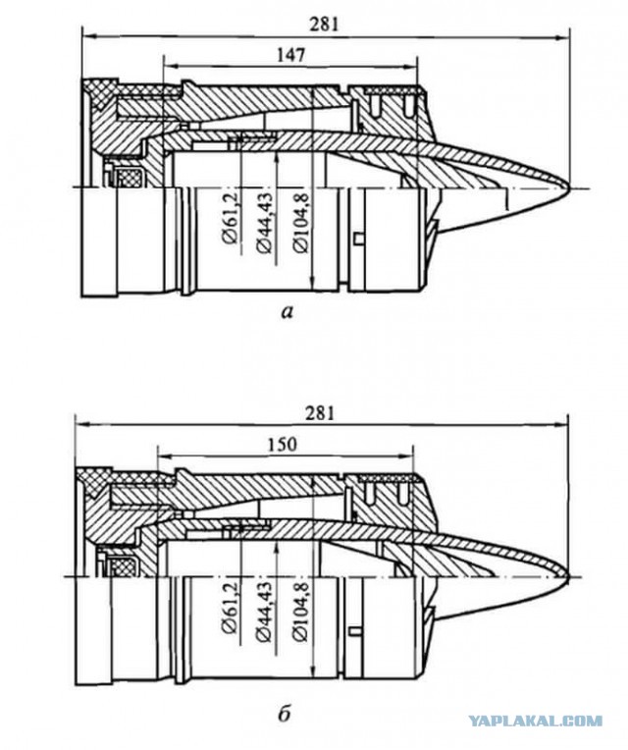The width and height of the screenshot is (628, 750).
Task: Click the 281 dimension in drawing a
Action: coord(324,25)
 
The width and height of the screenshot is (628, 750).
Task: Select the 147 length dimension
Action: coord(290,56)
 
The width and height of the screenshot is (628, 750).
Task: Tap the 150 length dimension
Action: coord(282,445)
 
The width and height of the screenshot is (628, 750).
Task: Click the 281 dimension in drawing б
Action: coord(320,413)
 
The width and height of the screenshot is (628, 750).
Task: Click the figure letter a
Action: coord(287,313)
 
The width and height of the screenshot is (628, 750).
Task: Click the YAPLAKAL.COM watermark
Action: coord(535,721)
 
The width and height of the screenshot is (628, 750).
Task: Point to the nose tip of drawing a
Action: coord(570,187)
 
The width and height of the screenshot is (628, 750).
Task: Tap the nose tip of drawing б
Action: coord(569,576)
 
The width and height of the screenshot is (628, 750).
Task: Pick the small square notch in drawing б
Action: coord(353,631)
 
